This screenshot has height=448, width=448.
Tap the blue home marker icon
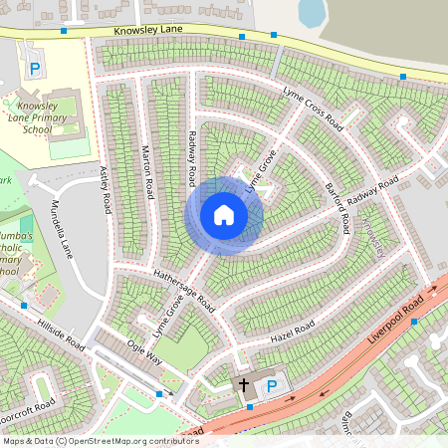click(x=224, y=214)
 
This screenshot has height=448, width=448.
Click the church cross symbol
click(x=242, y=383)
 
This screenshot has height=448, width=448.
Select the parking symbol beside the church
click(x=272, y=383)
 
